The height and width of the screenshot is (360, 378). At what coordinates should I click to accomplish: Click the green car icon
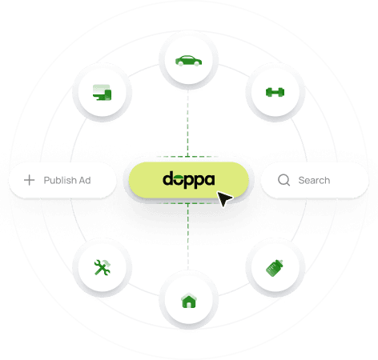click(188, 61)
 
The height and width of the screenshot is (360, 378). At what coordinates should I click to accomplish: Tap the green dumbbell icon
click(275, 92)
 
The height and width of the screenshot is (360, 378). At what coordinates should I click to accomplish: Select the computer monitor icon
click(102, 92)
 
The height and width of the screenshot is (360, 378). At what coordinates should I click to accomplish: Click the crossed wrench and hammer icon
click(102, 267)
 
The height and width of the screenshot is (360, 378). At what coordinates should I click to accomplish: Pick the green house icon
click(189, 301)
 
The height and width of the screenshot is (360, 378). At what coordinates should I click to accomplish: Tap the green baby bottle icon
click(275, 268)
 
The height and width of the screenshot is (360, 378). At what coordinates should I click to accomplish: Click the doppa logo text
click(189, 180)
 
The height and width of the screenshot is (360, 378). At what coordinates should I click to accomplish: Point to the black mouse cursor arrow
click(224, 198)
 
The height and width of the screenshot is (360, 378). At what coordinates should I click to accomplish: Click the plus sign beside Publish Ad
click(30, 180)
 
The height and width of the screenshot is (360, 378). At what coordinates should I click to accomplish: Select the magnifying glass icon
click(283, 180)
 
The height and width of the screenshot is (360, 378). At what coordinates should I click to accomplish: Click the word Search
click(314, 181)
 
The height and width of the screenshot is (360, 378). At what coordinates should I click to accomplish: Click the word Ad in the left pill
click(85, 181)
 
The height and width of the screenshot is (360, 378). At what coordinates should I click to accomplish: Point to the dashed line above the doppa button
click(188, 123)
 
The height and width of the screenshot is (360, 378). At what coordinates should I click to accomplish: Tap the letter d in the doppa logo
click(169, 178)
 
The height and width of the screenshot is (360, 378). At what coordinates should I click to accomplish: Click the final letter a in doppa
click(210, 180)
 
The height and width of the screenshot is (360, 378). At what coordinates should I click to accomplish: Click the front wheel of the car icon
click(197, 63)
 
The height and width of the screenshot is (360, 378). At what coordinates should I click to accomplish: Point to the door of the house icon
click(189, 305)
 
